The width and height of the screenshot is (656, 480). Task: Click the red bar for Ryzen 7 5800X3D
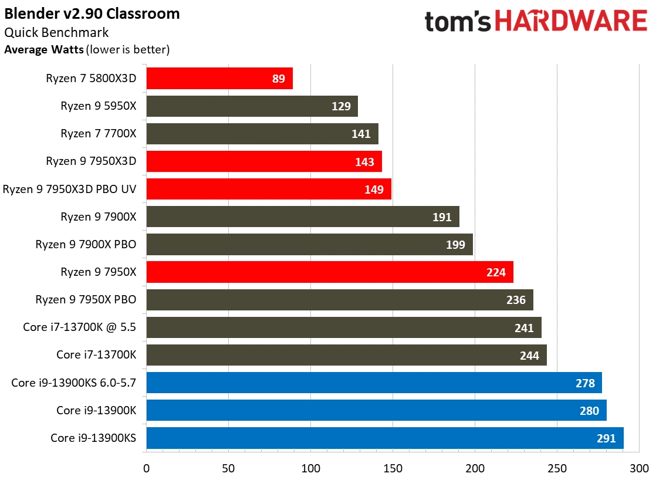click(219, 78)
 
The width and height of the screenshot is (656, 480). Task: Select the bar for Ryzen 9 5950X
click(252, 106)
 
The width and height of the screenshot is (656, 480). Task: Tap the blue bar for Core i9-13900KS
click(384, 438)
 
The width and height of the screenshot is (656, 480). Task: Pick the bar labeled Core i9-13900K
click(376, 410)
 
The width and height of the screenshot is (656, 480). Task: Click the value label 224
click(496, 272)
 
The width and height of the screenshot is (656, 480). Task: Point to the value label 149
click(374, 189)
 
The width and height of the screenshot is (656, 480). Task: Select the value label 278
click(585, 383)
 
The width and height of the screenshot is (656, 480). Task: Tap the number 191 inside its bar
click(442, 217)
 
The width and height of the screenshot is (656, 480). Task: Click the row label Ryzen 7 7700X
click(98, 134)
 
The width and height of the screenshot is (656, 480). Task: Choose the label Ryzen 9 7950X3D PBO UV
click(70, 189)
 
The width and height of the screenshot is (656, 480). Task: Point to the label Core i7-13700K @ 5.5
click(80, 327)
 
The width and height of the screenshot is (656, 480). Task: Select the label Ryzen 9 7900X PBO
click(86, 245)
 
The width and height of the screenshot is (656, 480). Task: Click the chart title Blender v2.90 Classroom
click(92, 13)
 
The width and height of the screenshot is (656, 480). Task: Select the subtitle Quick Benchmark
click(56, 32)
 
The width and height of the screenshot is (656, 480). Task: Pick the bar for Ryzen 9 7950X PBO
click(339, 300)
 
